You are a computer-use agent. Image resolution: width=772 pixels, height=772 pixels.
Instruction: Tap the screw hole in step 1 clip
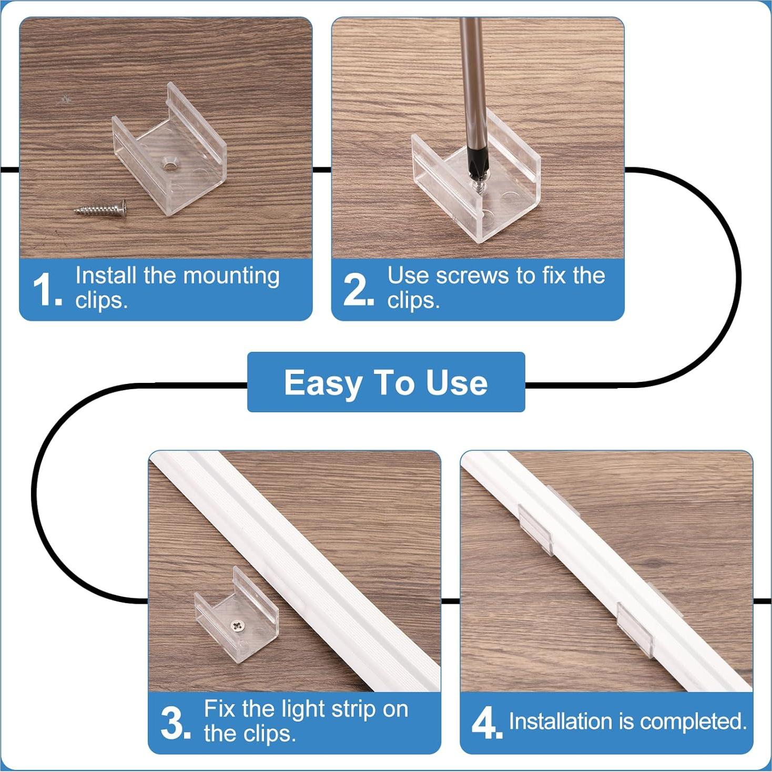click(x=170, y=165)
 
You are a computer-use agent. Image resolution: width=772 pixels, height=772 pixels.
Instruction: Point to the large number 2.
click(x=357, y=289)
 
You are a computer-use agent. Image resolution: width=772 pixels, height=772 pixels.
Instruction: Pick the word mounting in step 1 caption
click(x=231, y=276)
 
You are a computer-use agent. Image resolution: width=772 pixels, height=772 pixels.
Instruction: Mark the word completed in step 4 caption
click(x=693, y=722)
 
